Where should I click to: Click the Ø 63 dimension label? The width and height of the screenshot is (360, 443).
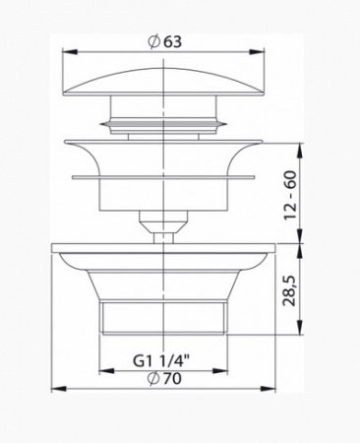pos(164,42)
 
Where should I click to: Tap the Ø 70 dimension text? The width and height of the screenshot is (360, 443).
pos(164,379)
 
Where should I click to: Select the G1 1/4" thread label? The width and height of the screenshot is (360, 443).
pos(161,361)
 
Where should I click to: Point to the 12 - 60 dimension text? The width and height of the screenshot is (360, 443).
pos(290,195)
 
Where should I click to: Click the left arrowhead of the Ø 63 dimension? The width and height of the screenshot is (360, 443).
pos(70,52)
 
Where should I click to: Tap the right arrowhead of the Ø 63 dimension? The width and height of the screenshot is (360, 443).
pos(257,52)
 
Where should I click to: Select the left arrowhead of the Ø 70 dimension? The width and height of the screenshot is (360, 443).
pos(59,389)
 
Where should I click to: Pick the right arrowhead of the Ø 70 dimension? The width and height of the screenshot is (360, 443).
pos(268,389)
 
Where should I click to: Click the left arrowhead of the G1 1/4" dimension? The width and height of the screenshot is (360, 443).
pos(106,371)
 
